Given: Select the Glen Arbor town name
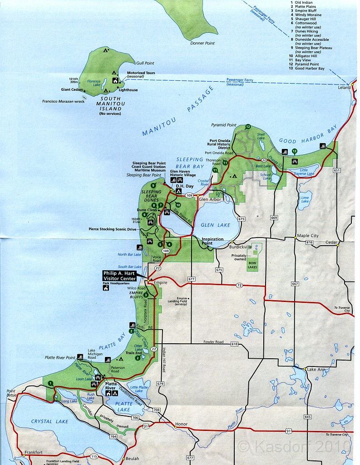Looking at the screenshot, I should point(209,199).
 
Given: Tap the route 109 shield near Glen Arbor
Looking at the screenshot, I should point(189,195).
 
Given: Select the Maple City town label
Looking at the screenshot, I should point(308,236).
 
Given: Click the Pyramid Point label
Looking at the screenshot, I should point(224,125).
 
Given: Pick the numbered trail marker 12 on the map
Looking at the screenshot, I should point(248,127).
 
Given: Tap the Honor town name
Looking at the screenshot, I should point(181,425).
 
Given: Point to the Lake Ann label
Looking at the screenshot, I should point(317,369).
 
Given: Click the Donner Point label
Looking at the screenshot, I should point(203,43).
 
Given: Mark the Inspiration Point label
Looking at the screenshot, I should point(212,241).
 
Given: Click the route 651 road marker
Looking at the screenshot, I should point(336,170).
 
